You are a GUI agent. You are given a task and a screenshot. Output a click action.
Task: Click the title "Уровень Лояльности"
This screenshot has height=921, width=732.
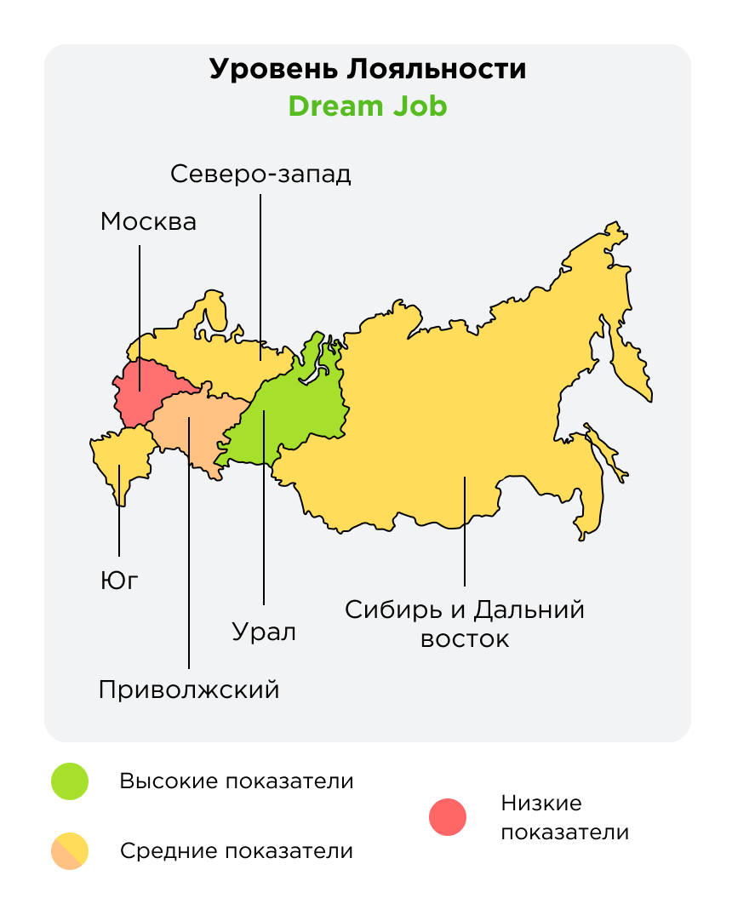tap(367, 69)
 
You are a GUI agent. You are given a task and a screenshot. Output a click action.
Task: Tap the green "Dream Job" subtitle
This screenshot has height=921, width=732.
tap(367, 107)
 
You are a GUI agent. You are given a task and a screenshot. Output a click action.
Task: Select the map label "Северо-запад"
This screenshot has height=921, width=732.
tap(260, 174)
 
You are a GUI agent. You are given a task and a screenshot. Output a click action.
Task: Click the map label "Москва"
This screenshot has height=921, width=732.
tap(148, 222)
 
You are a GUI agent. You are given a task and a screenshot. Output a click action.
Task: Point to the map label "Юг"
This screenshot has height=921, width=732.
tap(118, 581)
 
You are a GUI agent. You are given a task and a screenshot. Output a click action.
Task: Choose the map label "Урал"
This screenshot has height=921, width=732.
tap(264, 632)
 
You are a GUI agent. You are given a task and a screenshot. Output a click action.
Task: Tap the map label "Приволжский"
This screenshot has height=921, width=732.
tap(189, 689)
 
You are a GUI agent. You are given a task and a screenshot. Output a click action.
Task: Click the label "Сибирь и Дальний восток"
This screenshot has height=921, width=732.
tap(465, 624)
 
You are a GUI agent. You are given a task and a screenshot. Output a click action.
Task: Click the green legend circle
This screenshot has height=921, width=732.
tap(70, 781)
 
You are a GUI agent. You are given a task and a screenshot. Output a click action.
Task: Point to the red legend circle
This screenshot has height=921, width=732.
tap(448, 818)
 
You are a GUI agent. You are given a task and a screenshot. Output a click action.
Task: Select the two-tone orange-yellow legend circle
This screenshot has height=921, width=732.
tap(70, 850)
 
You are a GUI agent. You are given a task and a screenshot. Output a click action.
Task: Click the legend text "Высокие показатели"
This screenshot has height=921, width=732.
tap(236, 781)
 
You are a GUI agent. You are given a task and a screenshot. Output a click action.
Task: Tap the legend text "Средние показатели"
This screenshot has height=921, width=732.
tap(236, 850)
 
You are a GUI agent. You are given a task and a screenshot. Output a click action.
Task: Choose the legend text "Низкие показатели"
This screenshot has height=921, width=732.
tap(564, 818)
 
